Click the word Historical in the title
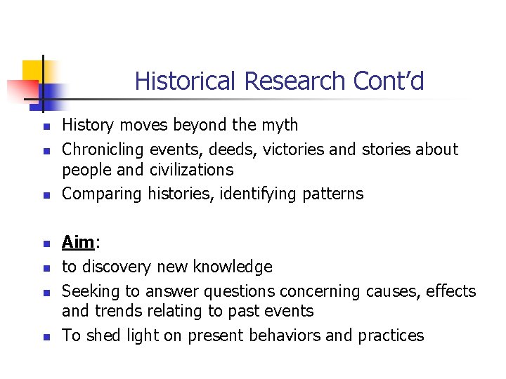[186, 81]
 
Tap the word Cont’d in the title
[389, 81]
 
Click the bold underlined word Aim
[78, 243]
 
